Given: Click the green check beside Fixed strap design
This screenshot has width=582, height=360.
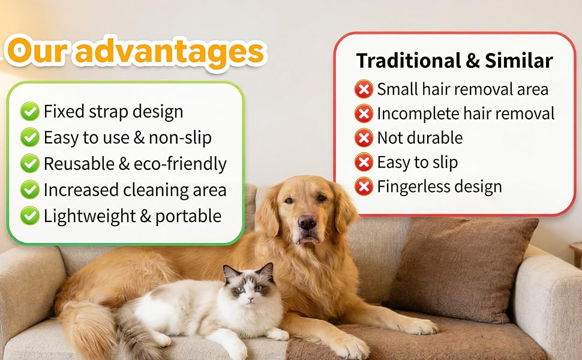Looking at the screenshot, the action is pos(29,112).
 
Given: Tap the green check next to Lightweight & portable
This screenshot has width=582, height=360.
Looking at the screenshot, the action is pos(29,215).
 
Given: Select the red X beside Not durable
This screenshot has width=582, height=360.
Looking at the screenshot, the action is pos(364,137).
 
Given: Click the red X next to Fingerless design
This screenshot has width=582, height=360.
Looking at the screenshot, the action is pos(364,187).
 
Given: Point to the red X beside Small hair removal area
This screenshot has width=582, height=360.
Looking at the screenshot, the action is pos(364,89).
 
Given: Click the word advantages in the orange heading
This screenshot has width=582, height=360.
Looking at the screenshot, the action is pos(170,52).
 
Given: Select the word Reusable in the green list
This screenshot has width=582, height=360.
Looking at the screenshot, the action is pos(79,164).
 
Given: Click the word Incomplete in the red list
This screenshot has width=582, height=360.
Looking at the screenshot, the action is pos(418,114).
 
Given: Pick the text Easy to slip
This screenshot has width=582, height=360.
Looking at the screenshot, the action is pos(418,163).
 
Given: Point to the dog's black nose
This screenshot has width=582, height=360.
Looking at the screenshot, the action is pos(307,222).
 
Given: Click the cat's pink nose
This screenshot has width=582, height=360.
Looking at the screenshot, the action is pos(251,298).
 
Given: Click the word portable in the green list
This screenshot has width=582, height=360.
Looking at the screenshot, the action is pos(188,217).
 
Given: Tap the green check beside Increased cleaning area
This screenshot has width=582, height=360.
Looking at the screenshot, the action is pos(29,190).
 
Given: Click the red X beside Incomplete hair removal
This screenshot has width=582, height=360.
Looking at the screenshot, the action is pos(364,113).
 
